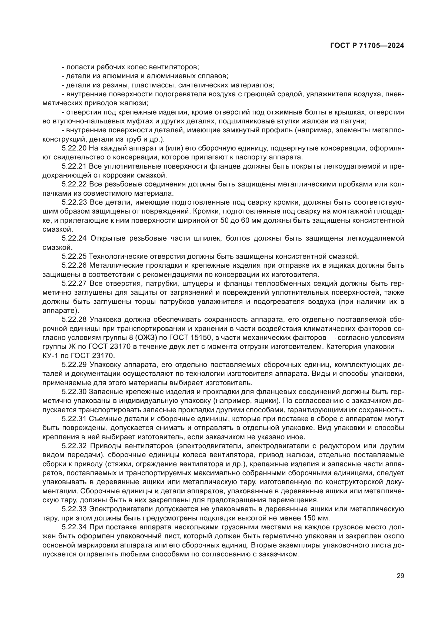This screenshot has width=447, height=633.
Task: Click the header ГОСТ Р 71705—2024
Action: [x=367, y=46]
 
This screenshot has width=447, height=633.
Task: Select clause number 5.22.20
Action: [x=74, y=148]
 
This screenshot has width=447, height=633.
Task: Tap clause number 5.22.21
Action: [x=74, y=166]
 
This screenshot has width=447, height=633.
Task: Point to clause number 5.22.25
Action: [x=74, y=256]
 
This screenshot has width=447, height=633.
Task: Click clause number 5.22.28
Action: [x=74, y=320]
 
